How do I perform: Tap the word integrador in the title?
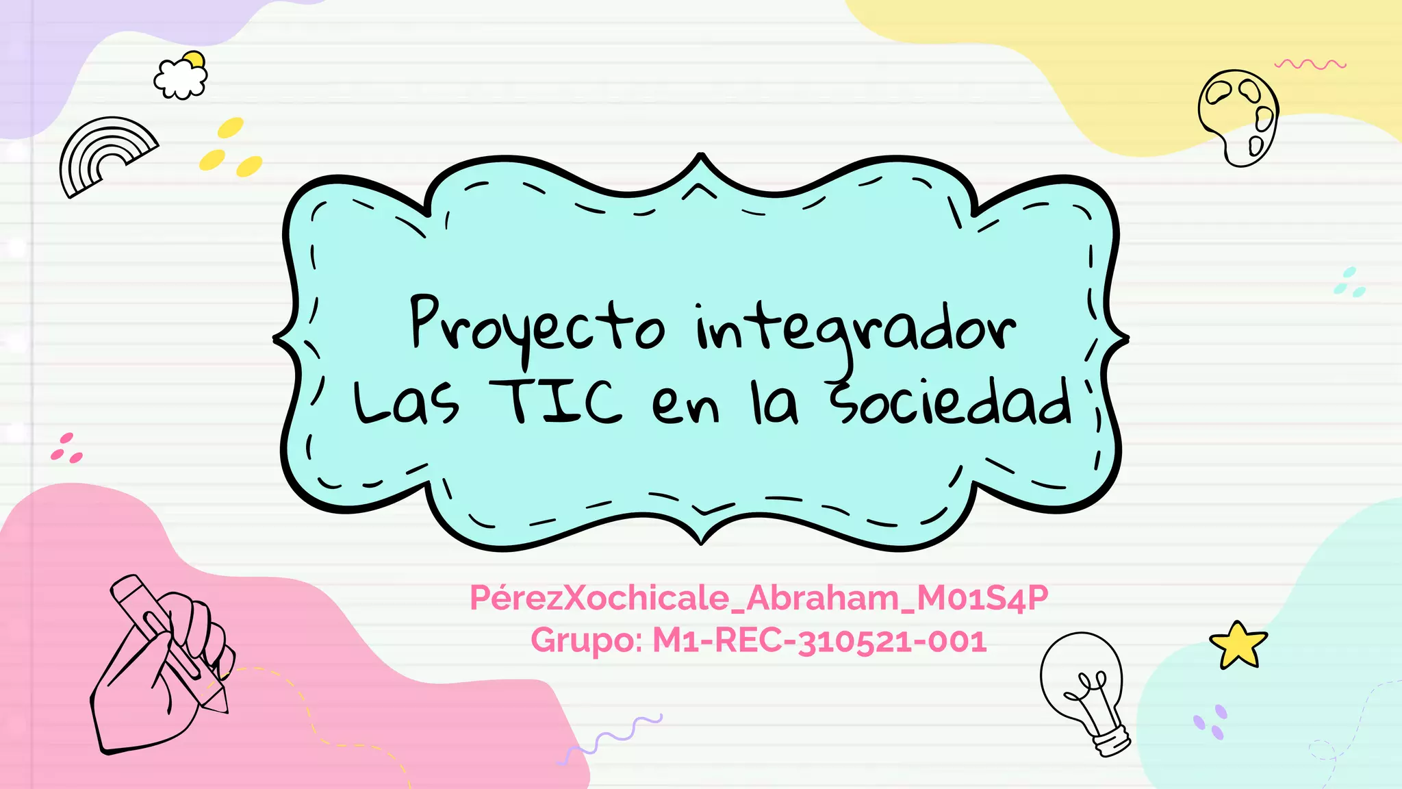point(856,329)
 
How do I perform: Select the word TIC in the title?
point(555,403)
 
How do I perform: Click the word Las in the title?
point(406,404)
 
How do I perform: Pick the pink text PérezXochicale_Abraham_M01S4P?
point(759,598)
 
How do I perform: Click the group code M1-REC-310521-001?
point(819,641)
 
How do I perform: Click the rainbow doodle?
point(105,156)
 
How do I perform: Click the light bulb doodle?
point(1085,692)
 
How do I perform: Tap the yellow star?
point(1238,645)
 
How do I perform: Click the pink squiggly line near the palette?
point(1310,64)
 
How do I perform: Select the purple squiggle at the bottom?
point(609,738)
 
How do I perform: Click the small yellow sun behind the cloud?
point(195,60)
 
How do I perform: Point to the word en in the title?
point(685,405)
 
